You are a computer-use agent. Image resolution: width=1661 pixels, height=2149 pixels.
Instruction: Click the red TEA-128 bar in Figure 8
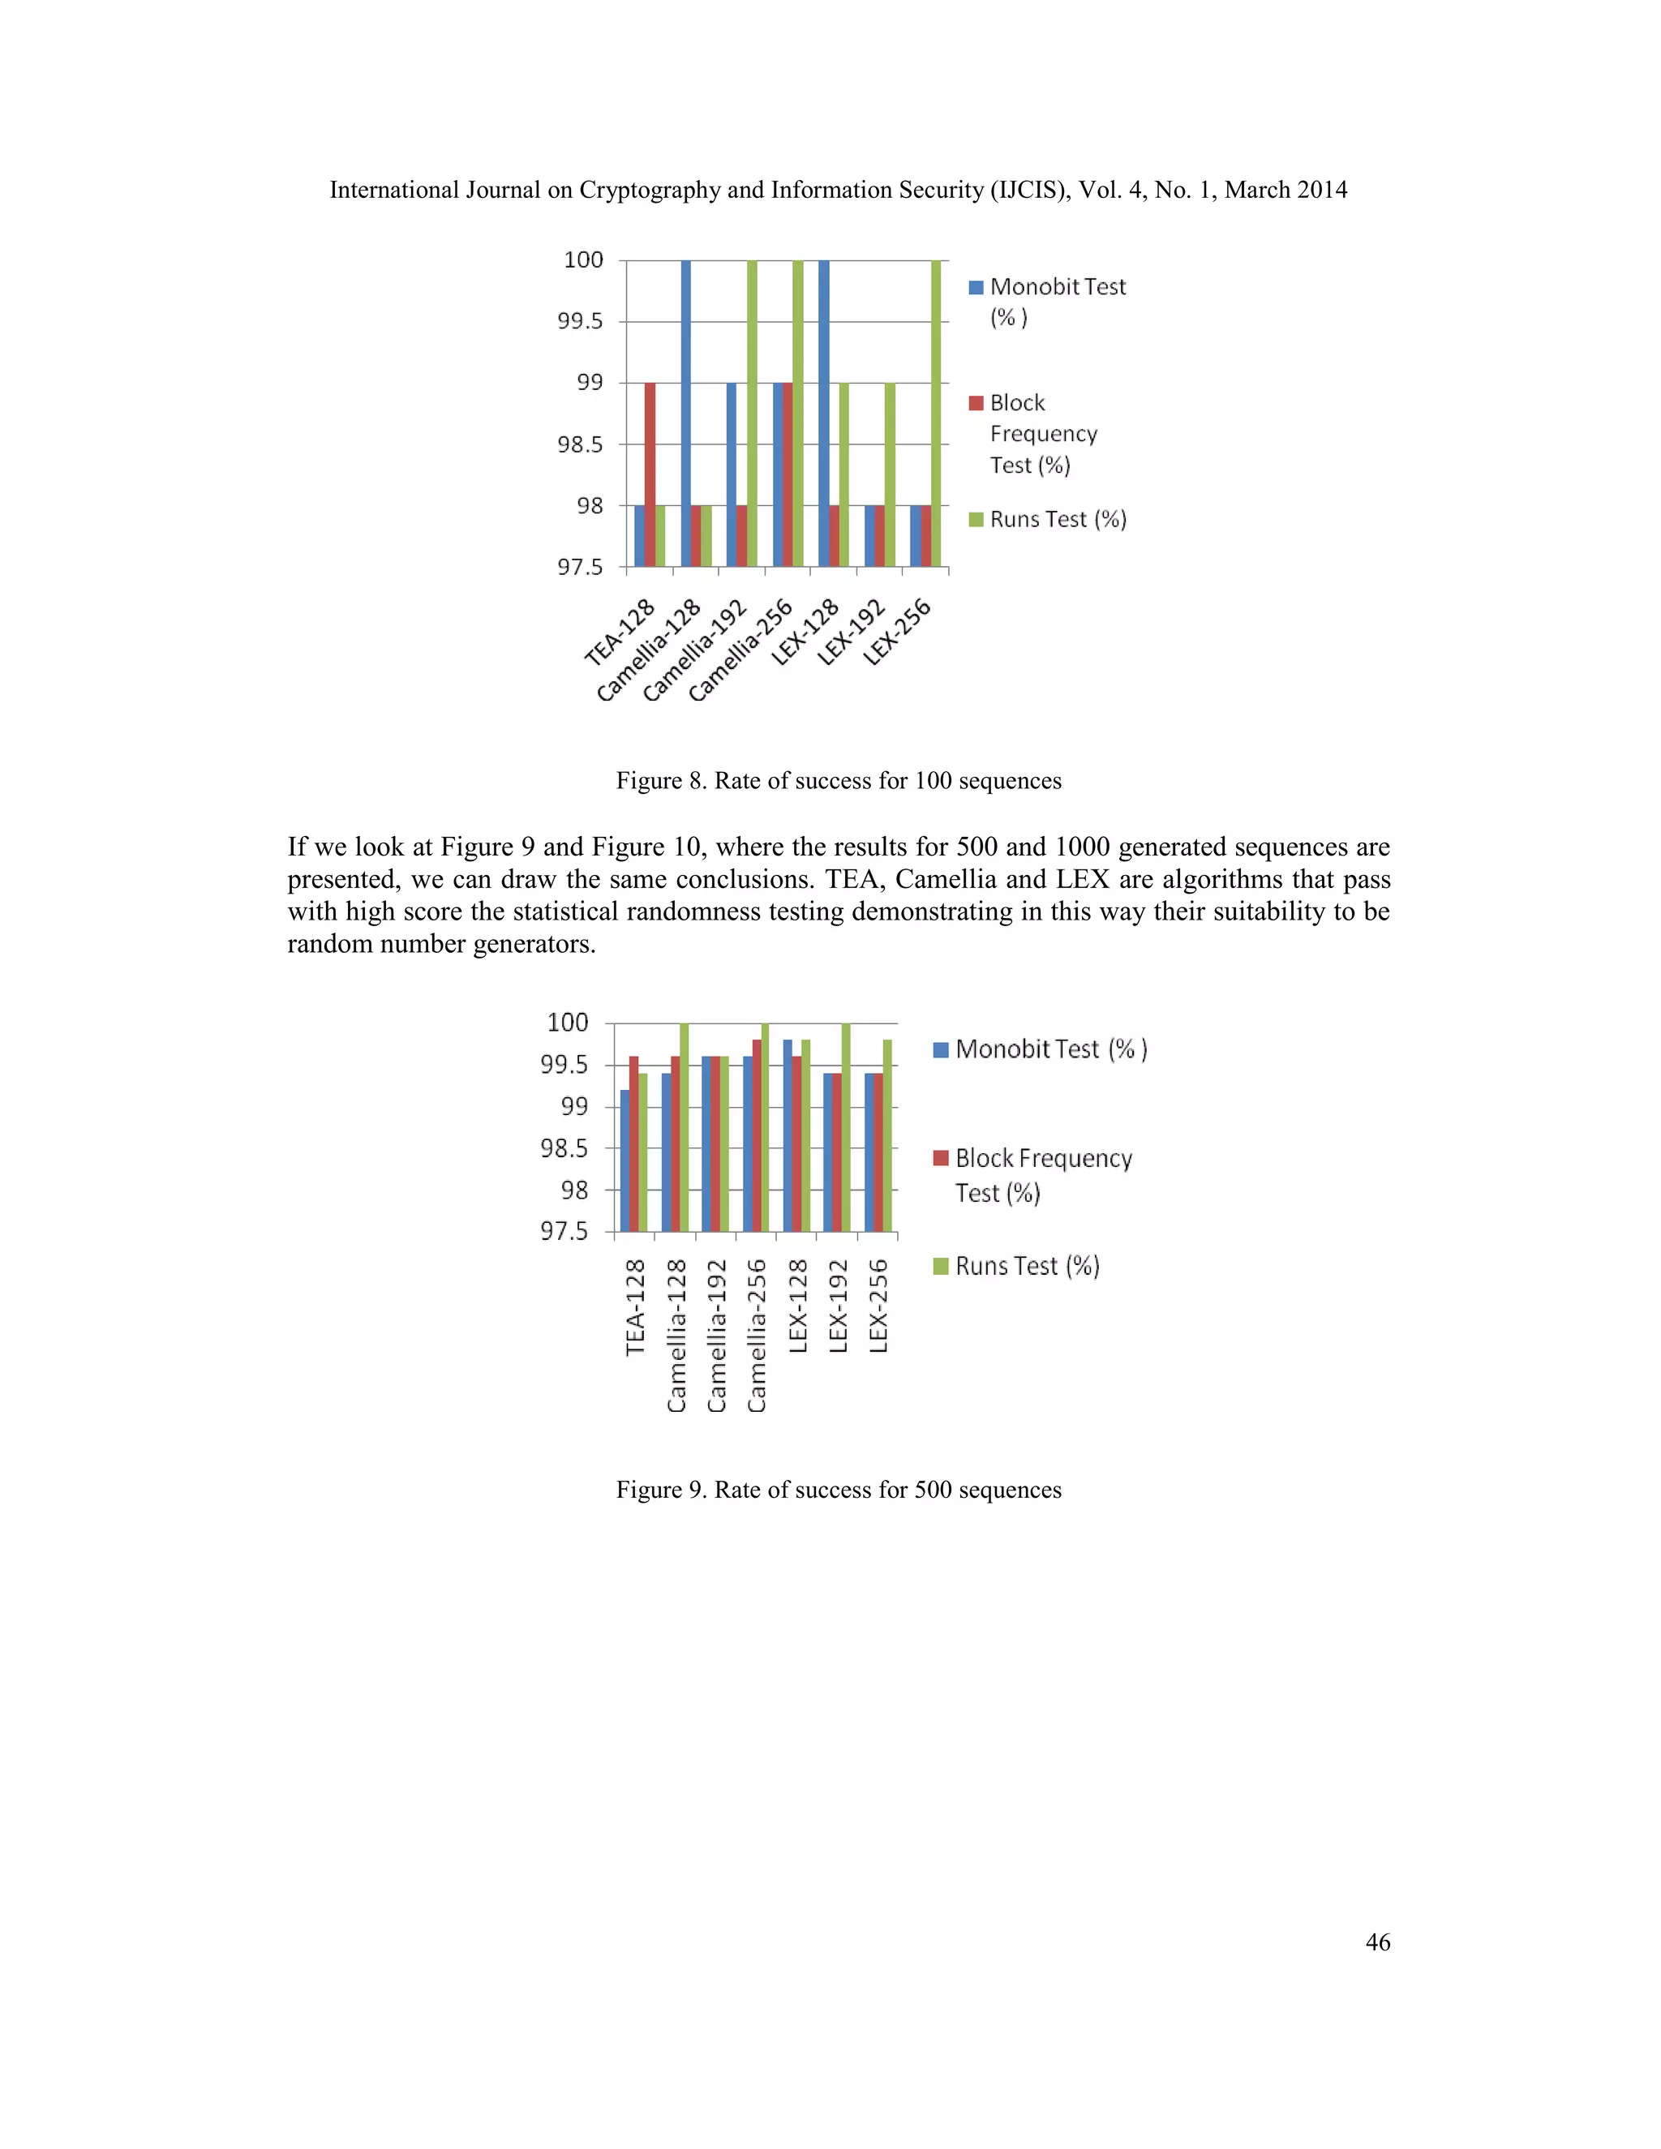[x=650, y=474]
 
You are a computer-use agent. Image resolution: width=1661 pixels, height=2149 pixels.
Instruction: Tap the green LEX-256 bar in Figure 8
[x=936, y=414]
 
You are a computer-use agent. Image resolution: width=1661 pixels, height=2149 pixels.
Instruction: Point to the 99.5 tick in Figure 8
[x=581, y=322]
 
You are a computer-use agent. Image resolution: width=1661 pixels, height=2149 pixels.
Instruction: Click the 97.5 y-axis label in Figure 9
[x=564, y=1232]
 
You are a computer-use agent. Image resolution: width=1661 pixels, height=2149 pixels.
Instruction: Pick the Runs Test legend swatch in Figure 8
[x=976, y=520]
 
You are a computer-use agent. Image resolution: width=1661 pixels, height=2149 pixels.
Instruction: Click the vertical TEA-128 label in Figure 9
[x=636, y=1306]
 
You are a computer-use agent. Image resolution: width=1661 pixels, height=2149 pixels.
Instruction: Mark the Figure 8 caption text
[x=839, y=781]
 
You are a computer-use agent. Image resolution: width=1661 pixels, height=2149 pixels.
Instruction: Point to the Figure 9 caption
[x=839, y=1490]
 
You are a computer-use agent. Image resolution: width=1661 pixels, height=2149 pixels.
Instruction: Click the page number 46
[x=1378, y=1942]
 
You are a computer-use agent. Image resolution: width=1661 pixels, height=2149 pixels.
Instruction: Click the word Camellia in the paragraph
[x=936, y=880]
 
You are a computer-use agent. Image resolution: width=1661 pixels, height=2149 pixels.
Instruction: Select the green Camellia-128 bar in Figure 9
[x=684, y=1126]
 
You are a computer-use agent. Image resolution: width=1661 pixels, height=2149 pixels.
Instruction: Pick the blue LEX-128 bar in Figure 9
[x=788, y=1135]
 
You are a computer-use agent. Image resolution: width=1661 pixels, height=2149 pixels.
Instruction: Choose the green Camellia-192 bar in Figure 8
[x=752, y=414]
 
